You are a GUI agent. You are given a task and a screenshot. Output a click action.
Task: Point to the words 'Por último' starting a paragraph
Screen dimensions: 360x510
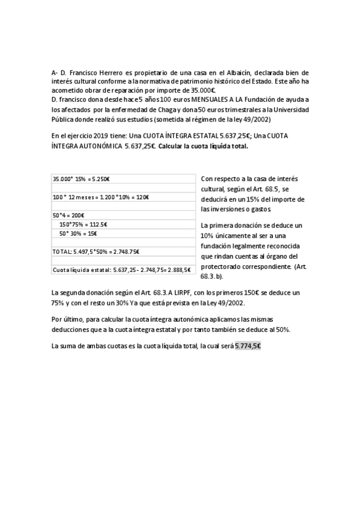66,319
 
